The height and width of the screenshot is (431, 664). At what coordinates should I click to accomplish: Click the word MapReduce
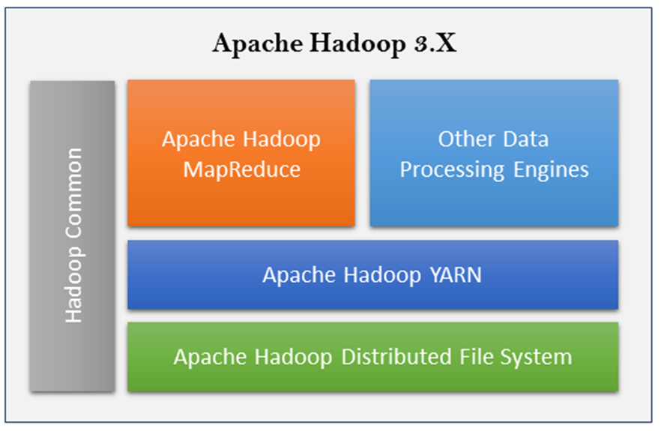tap(241, 169)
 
